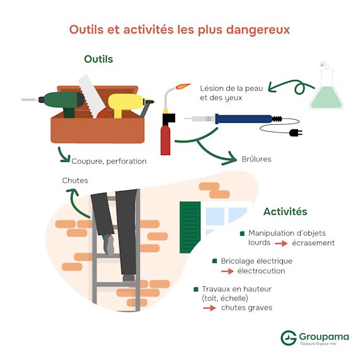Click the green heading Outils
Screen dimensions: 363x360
point(98,59)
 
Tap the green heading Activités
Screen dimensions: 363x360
point(285,211)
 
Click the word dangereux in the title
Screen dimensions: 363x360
point(258,30)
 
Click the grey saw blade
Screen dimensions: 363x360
point(91,95)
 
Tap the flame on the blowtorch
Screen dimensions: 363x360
point(183,86)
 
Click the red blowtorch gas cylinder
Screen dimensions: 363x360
point(165,140)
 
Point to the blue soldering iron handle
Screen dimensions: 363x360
point(244,119)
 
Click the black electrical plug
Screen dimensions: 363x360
point(296,133)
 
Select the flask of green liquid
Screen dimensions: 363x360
point(326,89)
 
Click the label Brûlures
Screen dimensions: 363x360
point(256,159)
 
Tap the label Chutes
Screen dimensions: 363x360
point(75,180)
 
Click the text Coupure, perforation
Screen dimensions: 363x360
point(109,161)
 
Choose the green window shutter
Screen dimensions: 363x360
point(190,227)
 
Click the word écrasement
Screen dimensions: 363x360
point(313,243)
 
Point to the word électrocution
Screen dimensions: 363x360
point(261,271)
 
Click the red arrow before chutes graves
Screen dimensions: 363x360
point(209,308)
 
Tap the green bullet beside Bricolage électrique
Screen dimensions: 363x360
point(215,261)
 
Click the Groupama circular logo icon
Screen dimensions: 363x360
point(289,337)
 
